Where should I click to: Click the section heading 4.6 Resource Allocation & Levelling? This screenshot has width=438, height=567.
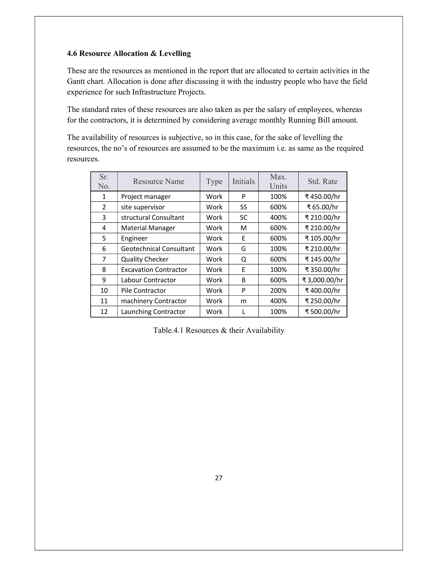(129, 53)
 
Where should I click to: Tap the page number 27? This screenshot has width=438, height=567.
(219, 478)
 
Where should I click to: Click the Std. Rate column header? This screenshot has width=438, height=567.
(322, 181)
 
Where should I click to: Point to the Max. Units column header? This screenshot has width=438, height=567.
(278, 181)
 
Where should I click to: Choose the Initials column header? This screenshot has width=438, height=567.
(243, 181)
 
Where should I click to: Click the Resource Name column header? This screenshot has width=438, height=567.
(158, 181)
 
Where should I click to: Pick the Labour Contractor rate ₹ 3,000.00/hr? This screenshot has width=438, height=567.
(322, 280)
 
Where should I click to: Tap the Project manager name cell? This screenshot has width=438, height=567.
(146, 197)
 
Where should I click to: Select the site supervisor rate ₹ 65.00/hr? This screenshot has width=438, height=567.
(322, 207)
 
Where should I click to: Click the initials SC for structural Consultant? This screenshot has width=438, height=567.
(243, 218)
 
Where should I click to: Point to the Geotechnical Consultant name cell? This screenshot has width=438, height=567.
(157, 249)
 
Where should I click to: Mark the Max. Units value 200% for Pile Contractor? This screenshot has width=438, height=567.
(278, 291)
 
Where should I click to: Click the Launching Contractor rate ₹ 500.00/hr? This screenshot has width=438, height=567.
(322, 312)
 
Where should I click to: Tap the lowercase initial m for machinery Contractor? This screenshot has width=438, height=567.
(243, 301)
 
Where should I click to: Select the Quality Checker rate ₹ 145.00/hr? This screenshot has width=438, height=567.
(322, 259)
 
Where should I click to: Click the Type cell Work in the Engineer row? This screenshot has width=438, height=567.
(214, 238)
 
